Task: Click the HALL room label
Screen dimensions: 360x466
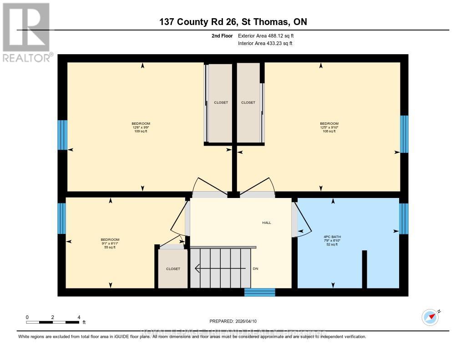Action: (x=266, y=223)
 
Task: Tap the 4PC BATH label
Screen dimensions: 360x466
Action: (x=332, y=240)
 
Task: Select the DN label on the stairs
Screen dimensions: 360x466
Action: (x=255, y=269)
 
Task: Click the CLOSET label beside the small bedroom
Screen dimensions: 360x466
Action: (x=173, y=269)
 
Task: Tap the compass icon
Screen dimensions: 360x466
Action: (x=431, y=317)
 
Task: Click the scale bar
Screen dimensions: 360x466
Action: (x=53, y=322)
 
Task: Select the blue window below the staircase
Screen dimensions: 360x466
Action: (x=259, y=292)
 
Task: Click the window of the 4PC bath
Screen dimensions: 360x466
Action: (x=404, y=218)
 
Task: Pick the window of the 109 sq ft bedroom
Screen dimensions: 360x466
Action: (x=62, y=135)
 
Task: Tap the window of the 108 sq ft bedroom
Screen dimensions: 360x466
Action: (x=404, y=134)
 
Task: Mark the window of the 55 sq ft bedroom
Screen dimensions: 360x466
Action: (x=62, y=218)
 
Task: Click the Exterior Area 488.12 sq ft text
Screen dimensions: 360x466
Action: (x=269, y=35)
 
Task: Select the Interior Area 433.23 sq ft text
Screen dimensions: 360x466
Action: (x=265, y=43)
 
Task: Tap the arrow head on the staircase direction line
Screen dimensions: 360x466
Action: (x=197, y=269)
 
